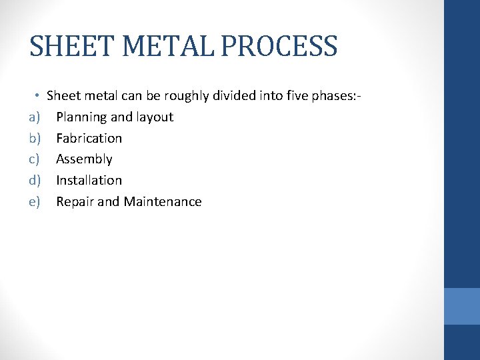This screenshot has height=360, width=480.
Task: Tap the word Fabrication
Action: (x=89, y=139)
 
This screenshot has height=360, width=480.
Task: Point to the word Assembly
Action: (x=84, y=159)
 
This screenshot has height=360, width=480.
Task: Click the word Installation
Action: (x=89, y=181)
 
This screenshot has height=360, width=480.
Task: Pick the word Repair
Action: (x=75, y=202)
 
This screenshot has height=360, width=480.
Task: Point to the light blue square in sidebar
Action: (x=462, y=306)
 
